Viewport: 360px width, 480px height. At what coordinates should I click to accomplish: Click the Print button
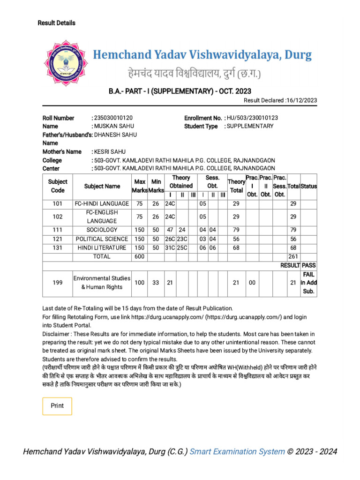pyautogui.click(x=57, y=406)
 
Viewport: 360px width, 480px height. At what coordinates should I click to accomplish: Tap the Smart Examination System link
pyautogui.click(x=237, y=452)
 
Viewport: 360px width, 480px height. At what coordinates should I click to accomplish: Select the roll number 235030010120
pyautogui.click(x=116, y=118)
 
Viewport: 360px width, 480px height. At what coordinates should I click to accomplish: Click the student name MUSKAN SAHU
pyautogui.click(x=114, y=126)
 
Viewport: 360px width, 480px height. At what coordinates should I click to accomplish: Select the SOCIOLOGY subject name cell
pyautogui.click(x=102, y=230)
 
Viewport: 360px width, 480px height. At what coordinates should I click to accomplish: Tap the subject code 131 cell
pyautogui.click(x=57, y=247)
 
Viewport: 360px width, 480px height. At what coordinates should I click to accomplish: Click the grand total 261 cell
pyautogui.click(x=293, y=256)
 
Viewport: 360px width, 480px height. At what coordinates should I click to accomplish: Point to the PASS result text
pyautogui.click(x=309, y=265)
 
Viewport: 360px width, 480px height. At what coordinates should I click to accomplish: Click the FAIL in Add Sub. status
pyautogui.click(x=309, y=282)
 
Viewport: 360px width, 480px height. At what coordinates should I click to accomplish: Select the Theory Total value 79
pyautogui.click(x=236, y=230)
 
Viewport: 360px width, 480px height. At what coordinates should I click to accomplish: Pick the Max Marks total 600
pyautogui.click(x=140, y=256)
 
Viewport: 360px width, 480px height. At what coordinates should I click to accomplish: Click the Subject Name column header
pyautogui.click(x=102, y=186)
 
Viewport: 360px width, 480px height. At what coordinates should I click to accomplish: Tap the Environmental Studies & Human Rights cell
pyautogui.click(x=102, y=282)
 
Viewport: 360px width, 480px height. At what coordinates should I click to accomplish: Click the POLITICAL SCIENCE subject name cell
pyautogui.click(x=102, y=239)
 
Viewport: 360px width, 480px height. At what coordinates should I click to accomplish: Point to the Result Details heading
pyautogui.click(x=56, y=23)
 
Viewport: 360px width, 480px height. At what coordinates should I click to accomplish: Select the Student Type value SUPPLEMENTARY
pyautogui.click(x=250, y=126)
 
